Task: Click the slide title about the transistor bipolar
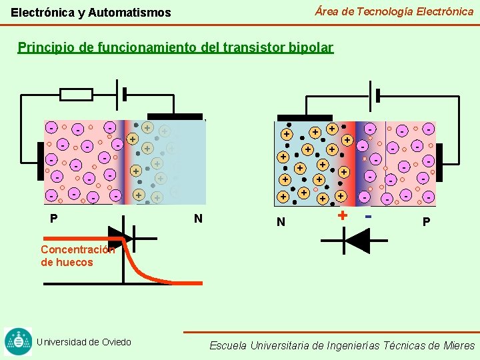(x=175, y=48)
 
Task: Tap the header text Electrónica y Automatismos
(x=91, y=13)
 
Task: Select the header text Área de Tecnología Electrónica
(x=394, y=11)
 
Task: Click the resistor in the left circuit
(x=76, y=94)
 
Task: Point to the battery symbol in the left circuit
(x=121, y=94)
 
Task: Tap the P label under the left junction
(x=53, y=219)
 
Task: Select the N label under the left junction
(x=198, y=219)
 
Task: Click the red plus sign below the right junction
(x=342, y=215)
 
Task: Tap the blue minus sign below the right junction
(x=367, y=215)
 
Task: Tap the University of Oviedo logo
(x=18, y=341)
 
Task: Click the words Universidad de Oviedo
(x=84, y=342)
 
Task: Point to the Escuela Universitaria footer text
(x=342, y=345)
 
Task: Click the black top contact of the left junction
(x=175, y=117)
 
